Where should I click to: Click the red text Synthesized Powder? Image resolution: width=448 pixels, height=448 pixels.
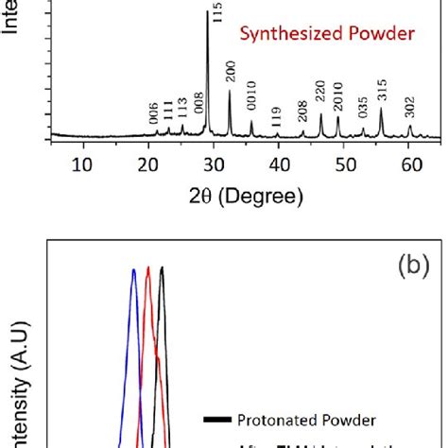pos(326,35)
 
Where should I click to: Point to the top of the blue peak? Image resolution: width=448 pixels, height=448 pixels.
pos(134,270)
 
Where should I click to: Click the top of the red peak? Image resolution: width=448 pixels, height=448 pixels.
pos(148,267)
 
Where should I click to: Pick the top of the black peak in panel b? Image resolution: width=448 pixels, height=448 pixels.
pos(162,267)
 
